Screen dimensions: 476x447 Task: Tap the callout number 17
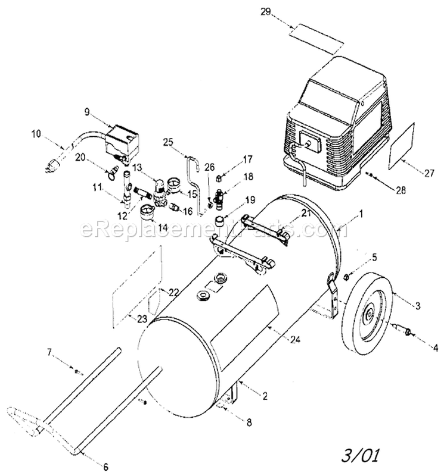coord(247,159)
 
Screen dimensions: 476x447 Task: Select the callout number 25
coord(167,142)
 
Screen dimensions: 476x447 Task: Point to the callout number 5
coord(374,257)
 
